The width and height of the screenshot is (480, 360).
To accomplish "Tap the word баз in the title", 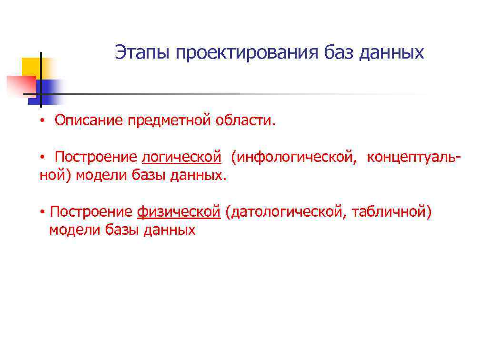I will (x=340, y=52).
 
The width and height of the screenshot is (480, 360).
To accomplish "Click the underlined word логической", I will (x=181, y=157).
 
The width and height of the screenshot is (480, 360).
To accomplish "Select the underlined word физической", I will (x=179, y=212).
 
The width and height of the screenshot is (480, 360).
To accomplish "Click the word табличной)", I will (x=391, y=212).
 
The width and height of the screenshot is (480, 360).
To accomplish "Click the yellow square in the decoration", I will (x=30, y=66).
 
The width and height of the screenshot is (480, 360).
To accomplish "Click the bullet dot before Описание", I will (x=42, y=121).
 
